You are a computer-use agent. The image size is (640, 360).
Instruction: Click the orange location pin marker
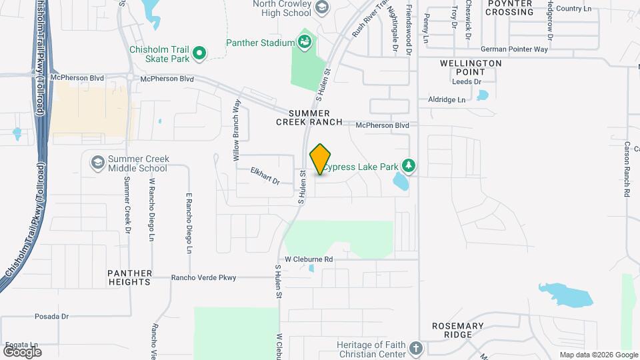pyautogui.click(x=321, y=159)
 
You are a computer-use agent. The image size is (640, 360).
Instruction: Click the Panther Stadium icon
pyautogui.click(x=305, y=43)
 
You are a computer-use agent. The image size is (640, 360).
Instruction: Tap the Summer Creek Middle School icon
pyautogui.click(x=97, y=163)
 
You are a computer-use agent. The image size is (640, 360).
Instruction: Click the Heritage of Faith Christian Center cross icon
pyautogui.click(x=416, y=348)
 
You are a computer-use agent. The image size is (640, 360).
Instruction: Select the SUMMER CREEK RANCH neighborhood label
pyautogui.click(x=309, y=118)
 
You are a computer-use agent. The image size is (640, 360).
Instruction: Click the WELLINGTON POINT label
pyautogui.click(x=471, y=67)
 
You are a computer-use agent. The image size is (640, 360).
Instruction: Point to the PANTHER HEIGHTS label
pyautogui.click(x=129, y=278)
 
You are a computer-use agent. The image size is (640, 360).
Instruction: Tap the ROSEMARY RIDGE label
pyautogui.click(x=457, y=331)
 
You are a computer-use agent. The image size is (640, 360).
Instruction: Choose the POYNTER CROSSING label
pyautogui.click(x=510, y=8)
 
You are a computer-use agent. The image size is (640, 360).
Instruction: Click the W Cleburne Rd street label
pyautogui.click(x=309, y=259)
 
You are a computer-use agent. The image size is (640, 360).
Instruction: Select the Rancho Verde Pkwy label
pyautogui.click(x=203, y=277)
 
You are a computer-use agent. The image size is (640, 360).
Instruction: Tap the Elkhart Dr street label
pyautogui.click(x=264, y=175)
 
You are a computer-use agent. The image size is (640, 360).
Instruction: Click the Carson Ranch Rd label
pyautogui.click(x=627, y=169)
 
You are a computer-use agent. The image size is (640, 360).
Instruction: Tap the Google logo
pyautogui.click(x=22, y=351)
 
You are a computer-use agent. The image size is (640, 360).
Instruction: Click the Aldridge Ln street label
pyautogui.click(x=447, y=99)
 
